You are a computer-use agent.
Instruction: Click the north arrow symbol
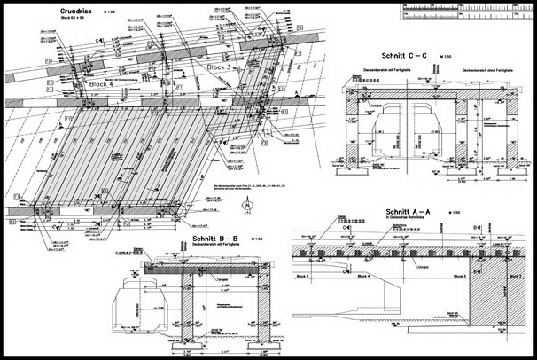click(x=248, y=204)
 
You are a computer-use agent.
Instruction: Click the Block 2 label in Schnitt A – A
click(x=515, y=278)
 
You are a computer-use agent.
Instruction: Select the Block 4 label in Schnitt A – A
click(x=365, y=278)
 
